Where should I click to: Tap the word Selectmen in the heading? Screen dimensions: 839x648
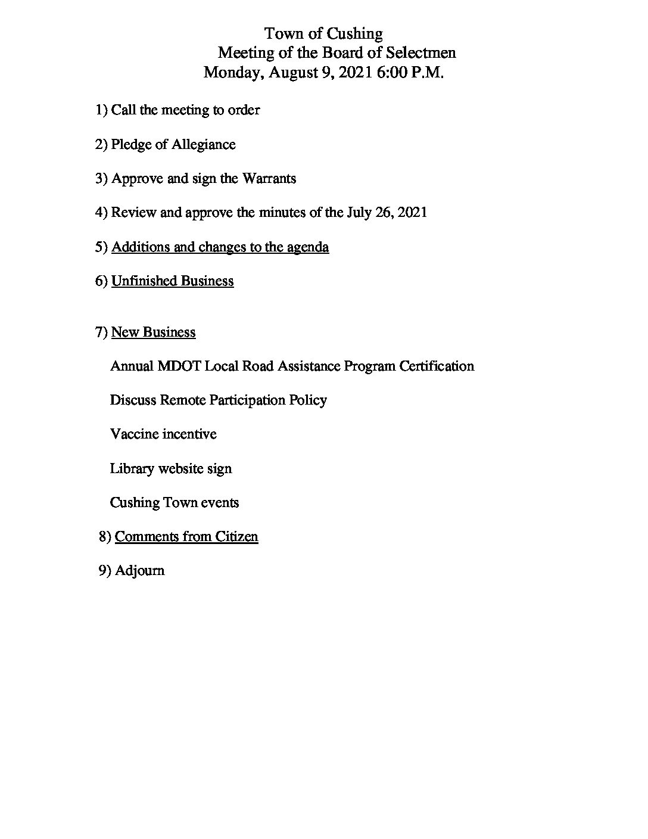tap(421, 52)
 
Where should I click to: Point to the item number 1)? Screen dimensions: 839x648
tap(101, 110)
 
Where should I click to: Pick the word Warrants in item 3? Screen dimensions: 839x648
tap(269, 179)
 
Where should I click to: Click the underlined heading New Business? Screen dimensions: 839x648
tap(153, 332)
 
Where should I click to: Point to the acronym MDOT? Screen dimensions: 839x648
tap(179, 366)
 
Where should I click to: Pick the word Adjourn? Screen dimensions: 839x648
tap(139, 570)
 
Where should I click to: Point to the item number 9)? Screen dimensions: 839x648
tap(105, 570)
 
